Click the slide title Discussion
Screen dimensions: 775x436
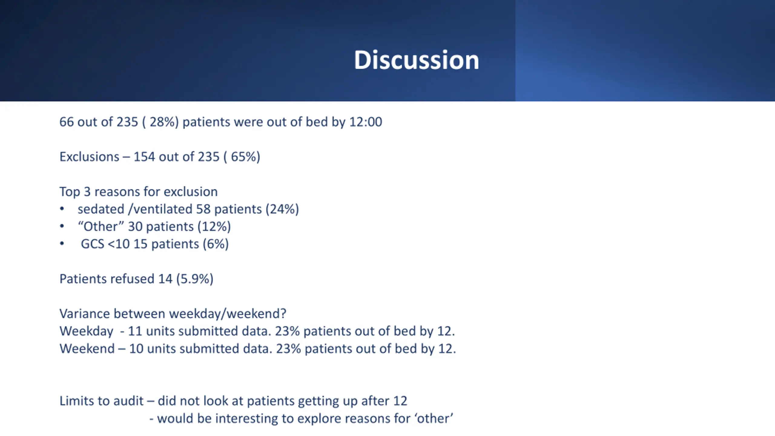(417, 60)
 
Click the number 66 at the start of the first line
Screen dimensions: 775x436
(67, 122)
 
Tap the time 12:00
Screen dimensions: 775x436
(366, 122)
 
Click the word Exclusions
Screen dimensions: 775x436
(89, 157)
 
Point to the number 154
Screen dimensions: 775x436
(144, 157)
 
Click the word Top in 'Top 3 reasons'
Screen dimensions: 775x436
(70, 192)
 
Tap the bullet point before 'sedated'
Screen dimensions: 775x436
(62, 209)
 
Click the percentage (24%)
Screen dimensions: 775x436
(282, 209)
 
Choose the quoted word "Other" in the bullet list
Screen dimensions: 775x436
(101, 226)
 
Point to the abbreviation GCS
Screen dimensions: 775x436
(92, 244)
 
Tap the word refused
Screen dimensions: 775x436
(132, 279)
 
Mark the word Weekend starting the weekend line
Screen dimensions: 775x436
(87, 349)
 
